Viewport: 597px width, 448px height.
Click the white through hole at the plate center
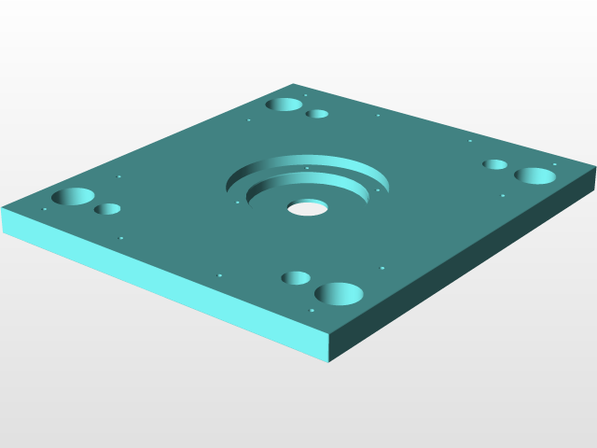coord(307,207)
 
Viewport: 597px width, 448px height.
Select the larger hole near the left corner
coord(74,197)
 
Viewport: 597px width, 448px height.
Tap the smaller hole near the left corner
coord(107,209)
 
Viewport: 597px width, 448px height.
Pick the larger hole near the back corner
coord(284,105)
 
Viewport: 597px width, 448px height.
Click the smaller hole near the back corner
coord(318,114)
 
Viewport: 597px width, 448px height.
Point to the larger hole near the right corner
coord(535,175)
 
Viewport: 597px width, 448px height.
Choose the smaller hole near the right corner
coord(494,164)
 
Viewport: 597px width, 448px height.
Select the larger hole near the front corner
coord(339,294)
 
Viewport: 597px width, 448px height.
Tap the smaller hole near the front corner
coord(296,278)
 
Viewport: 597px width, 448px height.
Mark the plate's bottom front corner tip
coord(328,360)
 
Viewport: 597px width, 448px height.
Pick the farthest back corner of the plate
coord(295,83)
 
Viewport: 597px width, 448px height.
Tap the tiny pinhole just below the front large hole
coord(312,310)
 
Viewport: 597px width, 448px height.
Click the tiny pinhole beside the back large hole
coord(305,95)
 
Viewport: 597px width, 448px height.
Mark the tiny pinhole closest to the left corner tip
coord(44,209)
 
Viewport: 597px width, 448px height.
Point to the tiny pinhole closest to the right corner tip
coord(554,165)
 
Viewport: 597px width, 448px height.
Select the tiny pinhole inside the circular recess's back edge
coord(307,168)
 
